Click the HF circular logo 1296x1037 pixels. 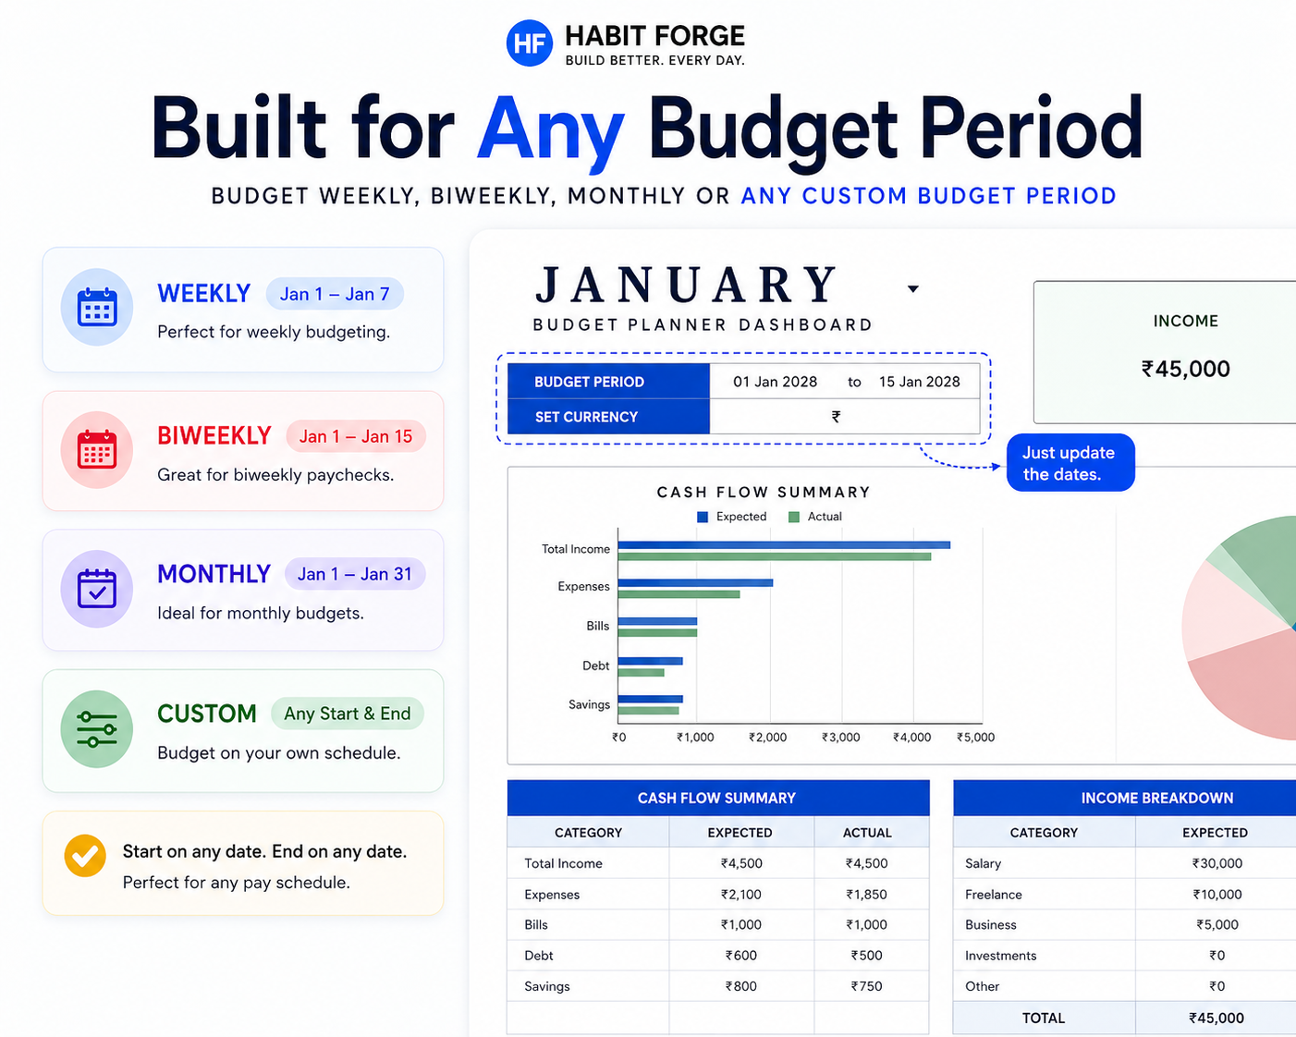pos(530,43)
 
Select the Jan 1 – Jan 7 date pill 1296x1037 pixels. pos(335,294)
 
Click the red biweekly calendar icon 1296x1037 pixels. pos(97,449)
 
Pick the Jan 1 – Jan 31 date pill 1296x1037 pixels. pos(355,574)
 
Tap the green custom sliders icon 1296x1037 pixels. pos(97,728)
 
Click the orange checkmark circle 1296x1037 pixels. pos(85,855)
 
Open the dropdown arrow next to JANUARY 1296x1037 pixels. pos(913,289)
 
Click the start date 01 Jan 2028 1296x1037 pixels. pos(775,382)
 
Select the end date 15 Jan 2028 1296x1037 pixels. pos(919,382)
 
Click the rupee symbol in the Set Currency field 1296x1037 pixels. pos(836,417)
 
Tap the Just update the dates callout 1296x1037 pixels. pos(1070,463)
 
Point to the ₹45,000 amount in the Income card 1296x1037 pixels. pos(1185,369)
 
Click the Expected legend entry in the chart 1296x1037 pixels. pos(732,517)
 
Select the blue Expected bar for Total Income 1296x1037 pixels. pos(784,545)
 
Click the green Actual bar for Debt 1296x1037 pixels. pos(642,673)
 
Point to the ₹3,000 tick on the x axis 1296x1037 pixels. pos(840,738)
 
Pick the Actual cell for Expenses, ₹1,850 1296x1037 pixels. pos(866,895)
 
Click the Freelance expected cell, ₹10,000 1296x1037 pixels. pos(1217,895)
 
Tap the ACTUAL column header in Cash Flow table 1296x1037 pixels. pos(866,833)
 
